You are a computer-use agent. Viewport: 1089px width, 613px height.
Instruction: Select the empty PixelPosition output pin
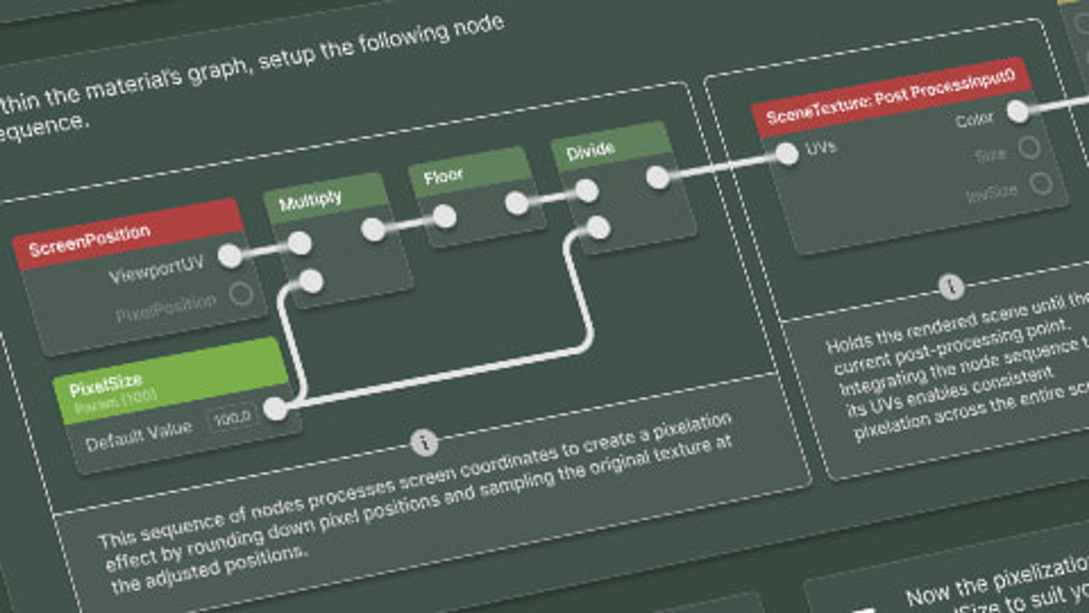point(241,294)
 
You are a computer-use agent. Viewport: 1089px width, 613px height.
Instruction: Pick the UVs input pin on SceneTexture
point(787,153)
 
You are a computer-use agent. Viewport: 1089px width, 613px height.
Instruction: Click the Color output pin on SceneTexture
point(1018,111)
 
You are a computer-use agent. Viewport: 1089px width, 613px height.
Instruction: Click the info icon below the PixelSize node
point(424,442)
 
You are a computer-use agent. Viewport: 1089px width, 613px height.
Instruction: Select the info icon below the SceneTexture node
point(951,288)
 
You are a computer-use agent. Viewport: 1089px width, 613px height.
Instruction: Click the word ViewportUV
point(157,269)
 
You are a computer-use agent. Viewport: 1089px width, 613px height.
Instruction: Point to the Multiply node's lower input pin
point(311,281)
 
